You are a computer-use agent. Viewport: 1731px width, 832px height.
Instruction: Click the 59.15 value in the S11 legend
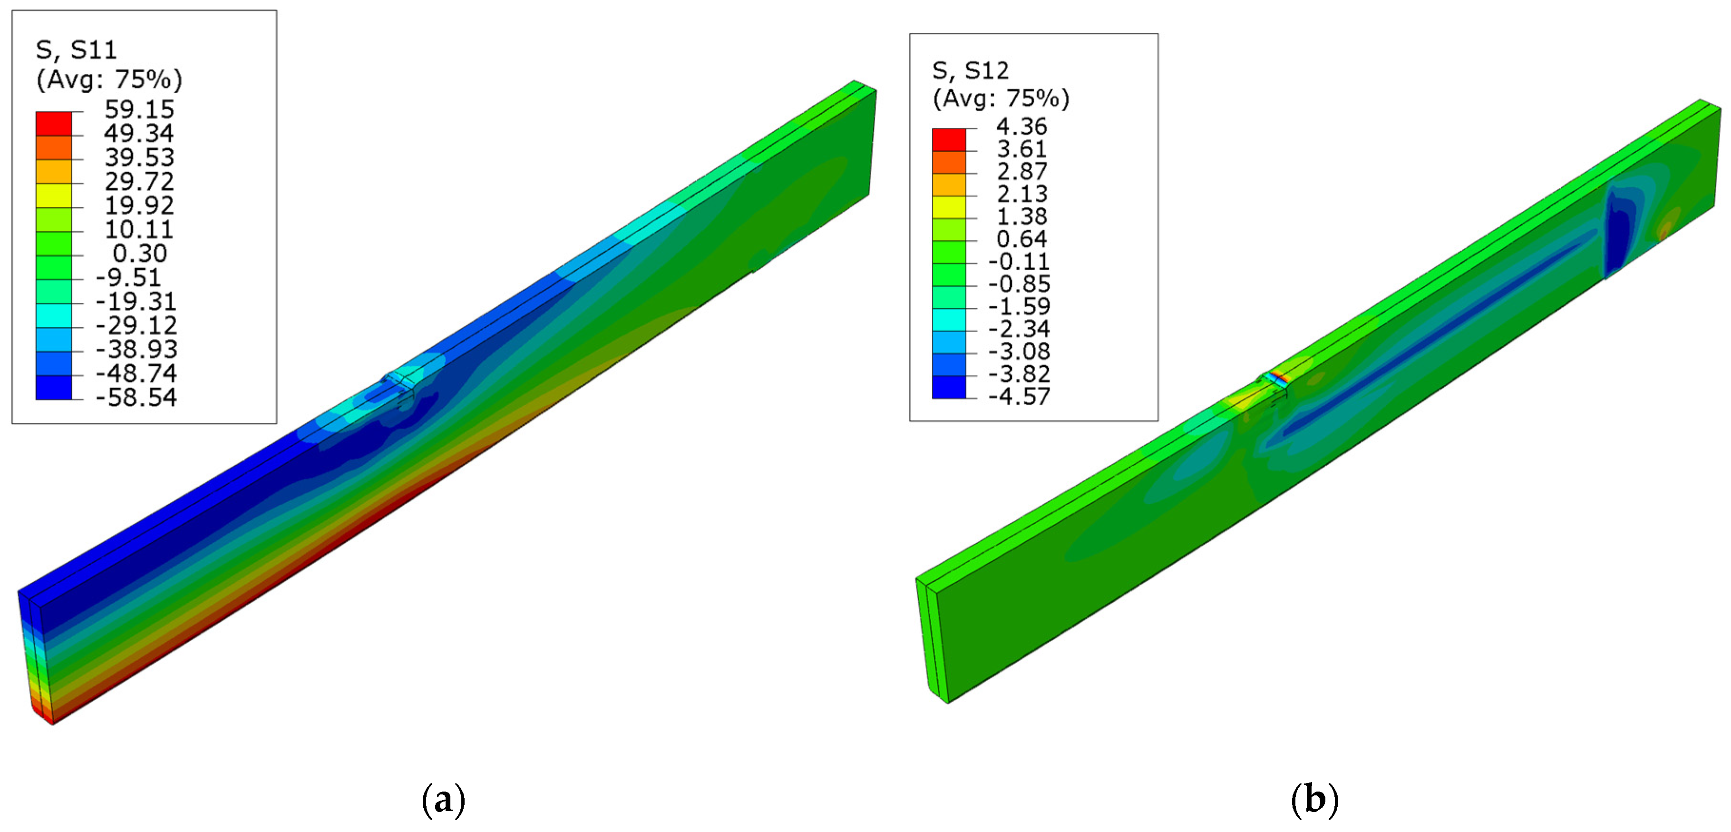pos(139,109)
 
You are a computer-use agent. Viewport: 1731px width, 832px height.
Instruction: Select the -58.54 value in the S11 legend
pos(136,397)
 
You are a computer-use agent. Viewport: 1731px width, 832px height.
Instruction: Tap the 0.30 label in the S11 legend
pos(140,254)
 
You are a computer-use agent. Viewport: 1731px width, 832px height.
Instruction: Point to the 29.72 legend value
pos(139,181)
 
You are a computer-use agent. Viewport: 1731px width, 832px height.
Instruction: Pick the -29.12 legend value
pos(136,325)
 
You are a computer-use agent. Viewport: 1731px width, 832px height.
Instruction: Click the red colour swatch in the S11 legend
pos(54,123)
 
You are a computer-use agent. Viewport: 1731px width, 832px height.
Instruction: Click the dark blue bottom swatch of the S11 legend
pos(54,388)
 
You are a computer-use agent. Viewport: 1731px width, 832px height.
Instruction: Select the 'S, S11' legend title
pos(77,50)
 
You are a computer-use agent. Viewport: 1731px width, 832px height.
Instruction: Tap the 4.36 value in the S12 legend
pos(1021,127)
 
